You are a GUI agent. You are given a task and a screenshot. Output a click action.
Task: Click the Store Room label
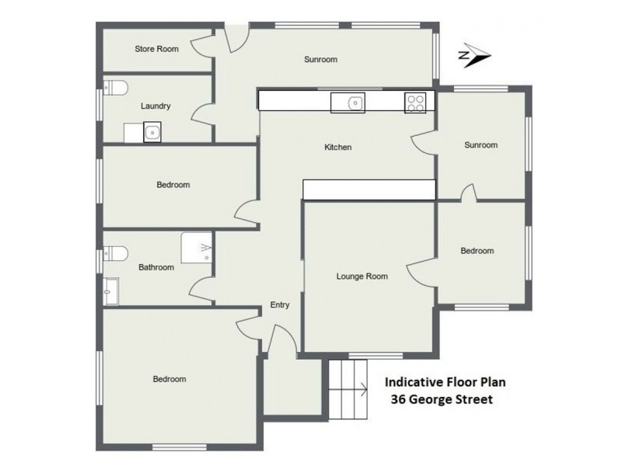point(156,49)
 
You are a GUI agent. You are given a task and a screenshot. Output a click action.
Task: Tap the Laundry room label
point(155,106)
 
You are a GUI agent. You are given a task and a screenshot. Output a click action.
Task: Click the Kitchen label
point(339,147)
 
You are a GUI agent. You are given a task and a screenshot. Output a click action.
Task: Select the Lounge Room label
point(362,276)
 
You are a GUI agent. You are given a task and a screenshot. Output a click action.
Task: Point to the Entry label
point(279,304)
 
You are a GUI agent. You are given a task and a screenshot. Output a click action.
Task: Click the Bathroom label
point(156,267)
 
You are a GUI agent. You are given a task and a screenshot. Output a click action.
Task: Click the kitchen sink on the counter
point(355,102)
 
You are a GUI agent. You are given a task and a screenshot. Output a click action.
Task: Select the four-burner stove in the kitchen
point(414,102)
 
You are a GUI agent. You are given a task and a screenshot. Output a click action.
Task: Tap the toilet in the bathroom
point(114,253)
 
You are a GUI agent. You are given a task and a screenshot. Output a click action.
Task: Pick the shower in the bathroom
point(197,248)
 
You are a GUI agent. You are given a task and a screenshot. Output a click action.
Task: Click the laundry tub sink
point(153,133)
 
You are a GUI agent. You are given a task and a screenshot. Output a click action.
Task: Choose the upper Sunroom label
point(320,59)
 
